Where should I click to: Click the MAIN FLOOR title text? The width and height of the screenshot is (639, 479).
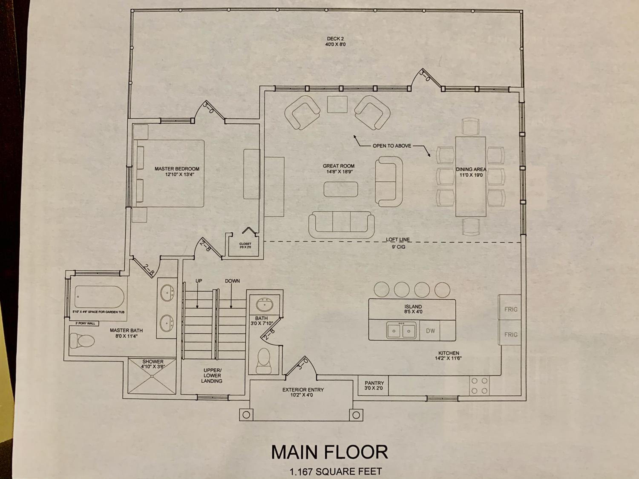[x=330, y=452]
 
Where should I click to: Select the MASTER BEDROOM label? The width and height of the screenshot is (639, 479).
[x=177, y=169]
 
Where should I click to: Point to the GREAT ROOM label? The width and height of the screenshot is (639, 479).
[x=339, y=166]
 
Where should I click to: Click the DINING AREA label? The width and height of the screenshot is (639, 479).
[x=471, y=169]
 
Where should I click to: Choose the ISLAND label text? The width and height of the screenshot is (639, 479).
[x=413, y=307]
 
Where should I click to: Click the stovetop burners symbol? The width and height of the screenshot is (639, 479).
[x=479, y=386]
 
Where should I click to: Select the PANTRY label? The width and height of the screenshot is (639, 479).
[x=374, y=383]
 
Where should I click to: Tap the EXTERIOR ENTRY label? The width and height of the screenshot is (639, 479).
[x=303, y=390]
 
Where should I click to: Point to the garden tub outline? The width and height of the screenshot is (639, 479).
[x=99, y=297]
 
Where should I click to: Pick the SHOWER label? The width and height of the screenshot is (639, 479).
[x=153, y=361]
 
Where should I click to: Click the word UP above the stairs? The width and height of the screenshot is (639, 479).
[x=199, y=281]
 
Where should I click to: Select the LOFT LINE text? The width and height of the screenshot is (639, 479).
[x=398, y=240]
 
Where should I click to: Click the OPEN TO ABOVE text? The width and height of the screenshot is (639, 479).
[x=392, y=146]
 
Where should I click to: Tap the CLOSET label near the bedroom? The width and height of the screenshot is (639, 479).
[x=245, y=244]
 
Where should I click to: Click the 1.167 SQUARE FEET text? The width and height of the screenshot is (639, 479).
[x=335, y=472]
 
